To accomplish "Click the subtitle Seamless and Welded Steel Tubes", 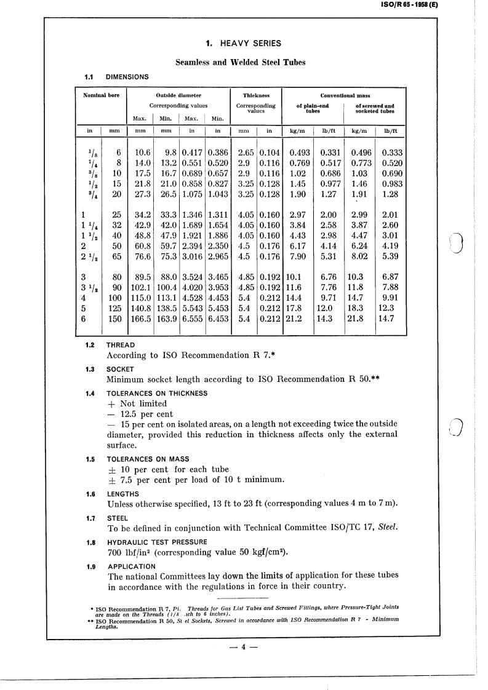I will [x=241, y=62].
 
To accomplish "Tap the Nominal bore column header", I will [x=102, y=95].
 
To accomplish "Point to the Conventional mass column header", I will [x=345, y=95].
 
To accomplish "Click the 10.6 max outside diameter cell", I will [x=142, y=153].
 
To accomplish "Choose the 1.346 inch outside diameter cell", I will [x=193, y=215].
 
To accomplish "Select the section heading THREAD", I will [x=121, y=346].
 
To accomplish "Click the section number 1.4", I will [x=90, y=394].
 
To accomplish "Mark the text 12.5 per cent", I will [x=140, y=414].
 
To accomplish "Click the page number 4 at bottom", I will [x=244, y=646].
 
